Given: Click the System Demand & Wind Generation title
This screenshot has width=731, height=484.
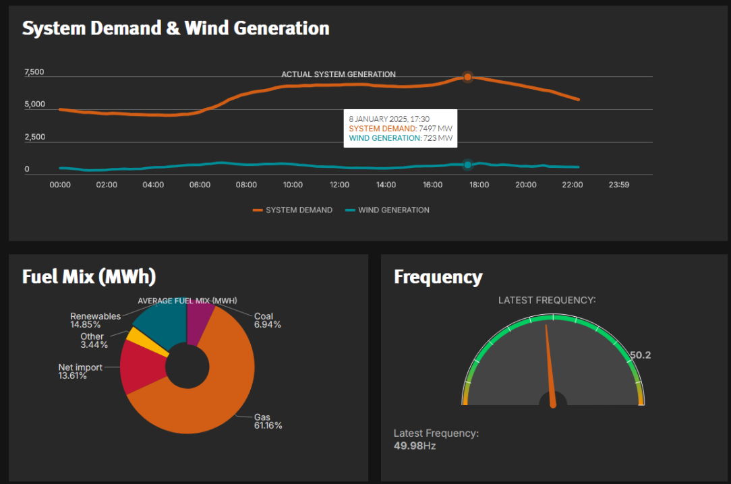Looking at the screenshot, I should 175,28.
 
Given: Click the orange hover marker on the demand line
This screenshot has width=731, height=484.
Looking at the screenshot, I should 467,77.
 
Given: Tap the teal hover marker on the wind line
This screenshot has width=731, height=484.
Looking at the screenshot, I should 467,164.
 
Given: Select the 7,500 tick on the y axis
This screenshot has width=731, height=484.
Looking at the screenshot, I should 34,72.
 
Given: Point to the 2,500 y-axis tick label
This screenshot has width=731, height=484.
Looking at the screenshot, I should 34,137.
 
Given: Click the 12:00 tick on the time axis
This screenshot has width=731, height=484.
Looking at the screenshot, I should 339,185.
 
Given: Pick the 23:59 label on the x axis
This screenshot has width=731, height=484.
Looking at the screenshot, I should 618,185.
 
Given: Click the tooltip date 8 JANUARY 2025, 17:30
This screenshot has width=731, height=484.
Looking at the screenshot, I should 389,119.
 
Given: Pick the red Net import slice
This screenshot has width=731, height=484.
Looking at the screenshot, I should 144,367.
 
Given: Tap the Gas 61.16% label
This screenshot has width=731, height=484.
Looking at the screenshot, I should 268,421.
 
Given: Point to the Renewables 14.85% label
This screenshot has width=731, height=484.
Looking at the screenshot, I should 95,320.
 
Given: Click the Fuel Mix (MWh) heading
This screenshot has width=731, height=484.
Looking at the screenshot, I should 89,277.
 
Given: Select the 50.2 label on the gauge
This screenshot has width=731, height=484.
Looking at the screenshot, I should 640,355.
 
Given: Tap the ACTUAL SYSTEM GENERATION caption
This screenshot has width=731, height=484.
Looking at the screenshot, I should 338,74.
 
